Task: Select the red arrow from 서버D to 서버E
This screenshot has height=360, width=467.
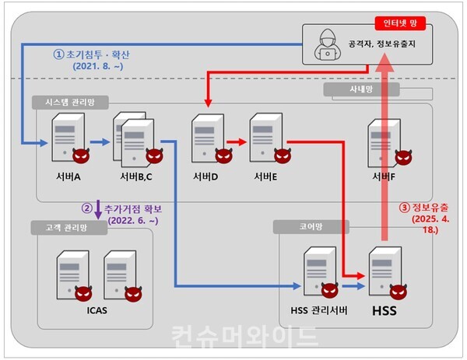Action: (x=237, y=142)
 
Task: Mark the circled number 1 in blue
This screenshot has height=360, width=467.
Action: (x=58, y=54)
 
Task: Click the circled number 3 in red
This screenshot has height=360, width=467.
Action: (x=403, y=208)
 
